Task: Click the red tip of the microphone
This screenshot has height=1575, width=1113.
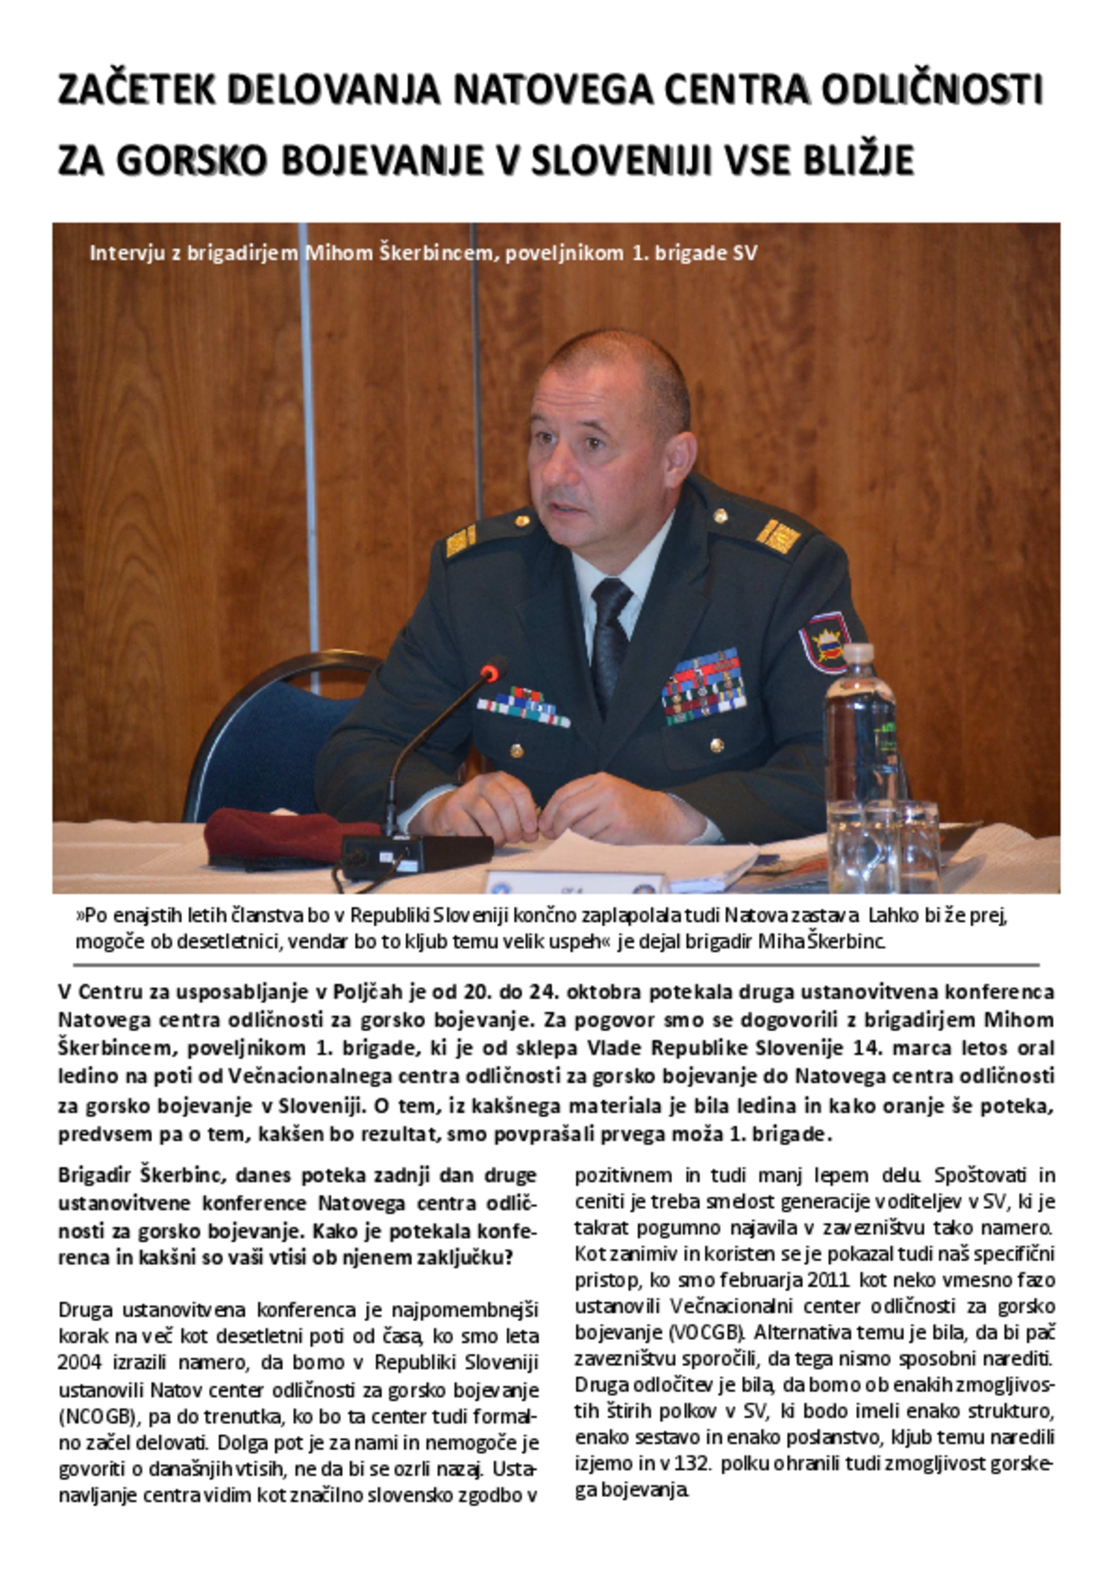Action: [x=492, y=670]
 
